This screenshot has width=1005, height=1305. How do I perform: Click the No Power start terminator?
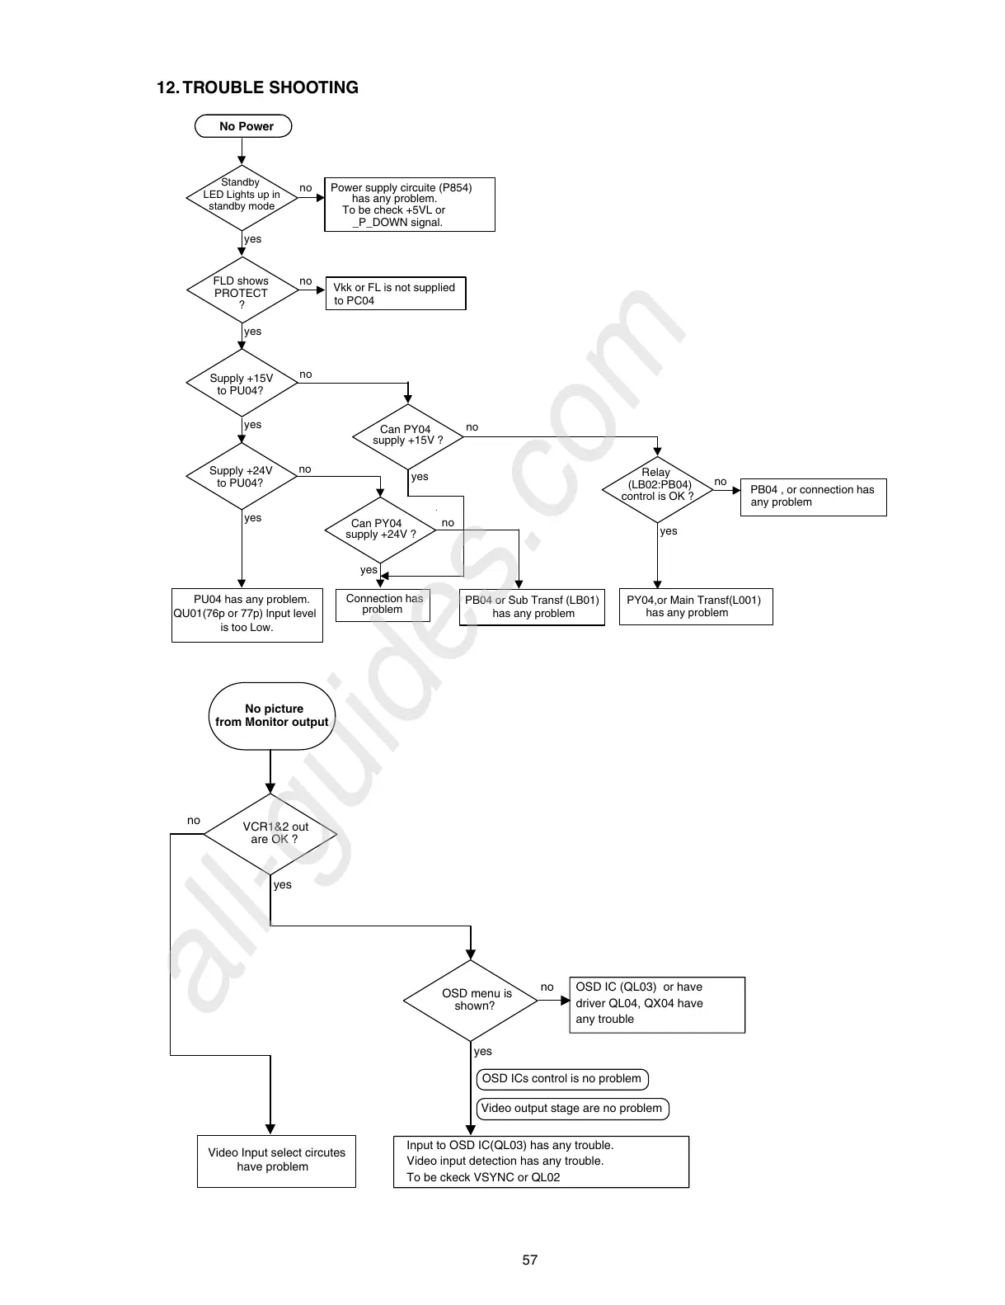[x=244, y=126]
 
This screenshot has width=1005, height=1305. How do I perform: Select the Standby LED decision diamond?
[x=242, y=196]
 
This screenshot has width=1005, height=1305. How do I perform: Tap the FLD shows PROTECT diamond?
[x=242, y=292]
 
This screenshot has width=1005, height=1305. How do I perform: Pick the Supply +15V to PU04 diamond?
[x=242, y=384]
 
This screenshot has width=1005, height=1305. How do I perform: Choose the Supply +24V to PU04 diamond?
[x=242, y=477]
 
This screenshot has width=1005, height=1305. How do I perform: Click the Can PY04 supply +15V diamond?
[x=407, y=435]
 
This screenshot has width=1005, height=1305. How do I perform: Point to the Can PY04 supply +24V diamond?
[x=380, y=529]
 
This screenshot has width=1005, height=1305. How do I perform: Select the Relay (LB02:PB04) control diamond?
[x=657, y=489]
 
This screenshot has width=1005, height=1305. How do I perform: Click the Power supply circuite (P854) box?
[x=410, y=205]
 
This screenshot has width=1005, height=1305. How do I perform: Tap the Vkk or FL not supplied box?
[x=396, y=294]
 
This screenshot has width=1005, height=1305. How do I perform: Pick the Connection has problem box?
[x=383, y=605]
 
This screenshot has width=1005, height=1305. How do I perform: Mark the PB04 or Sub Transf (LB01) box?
[x=532, y=607]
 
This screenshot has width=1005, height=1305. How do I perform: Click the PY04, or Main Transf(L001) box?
[x=695, y=606]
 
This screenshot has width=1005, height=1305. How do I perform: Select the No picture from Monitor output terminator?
[x=272, y=715]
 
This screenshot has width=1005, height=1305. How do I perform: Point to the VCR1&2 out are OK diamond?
[x=271, y=833]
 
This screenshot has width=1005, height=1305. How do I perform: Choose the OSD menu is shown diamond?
[x=471, y=1000]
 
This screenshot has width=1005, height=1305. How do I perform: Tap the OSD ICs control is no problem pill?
[x=562, y=1079]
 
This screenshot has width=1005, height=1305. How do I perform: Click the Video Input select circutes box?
[x=276, y=1160]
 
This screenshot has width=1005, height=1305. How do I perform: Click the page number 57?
[x=529, y=1260]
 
